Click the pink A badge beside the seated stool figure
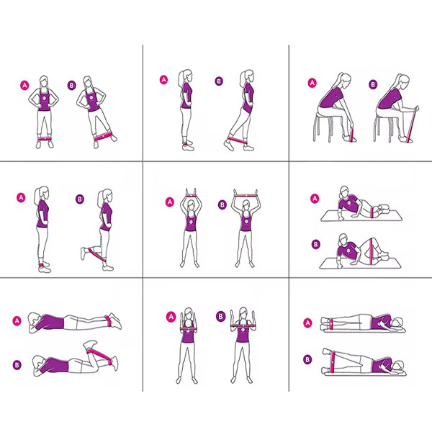[312, 83]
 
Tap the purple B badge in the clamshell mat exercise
[316, 244]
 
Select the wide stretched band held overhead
[246, 196]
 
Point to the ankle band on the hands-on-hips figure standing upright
[44, 140]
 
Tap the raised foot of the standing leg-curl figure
[84, 253]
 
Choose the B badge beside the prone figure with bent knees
[17, 365]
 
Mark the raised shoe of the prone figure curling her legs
[91, 344]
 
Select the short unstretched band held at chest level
[188, 330]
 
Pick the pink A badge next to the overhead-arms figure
[170, 202]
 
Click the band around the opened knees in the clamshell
[372, 249]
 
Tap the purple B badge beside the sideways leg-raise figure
[71, 86]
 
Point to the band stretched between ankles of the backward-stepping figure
[237, 140]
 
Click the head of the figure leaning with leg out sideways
[88, 82]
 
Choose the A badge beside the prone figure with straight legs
[17, 320]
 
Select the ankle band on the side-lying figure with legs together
[331, 323]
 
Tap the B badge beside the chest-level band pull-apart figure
[220, 317]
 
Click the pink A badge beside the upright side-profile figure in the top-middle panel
[163, 80]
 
